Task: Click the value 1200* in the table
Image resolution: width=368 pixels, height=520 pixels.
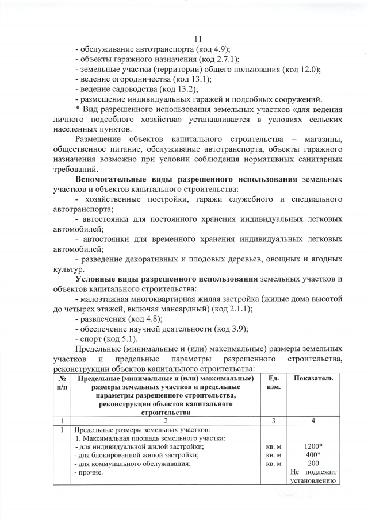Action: tap(313, 446)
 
